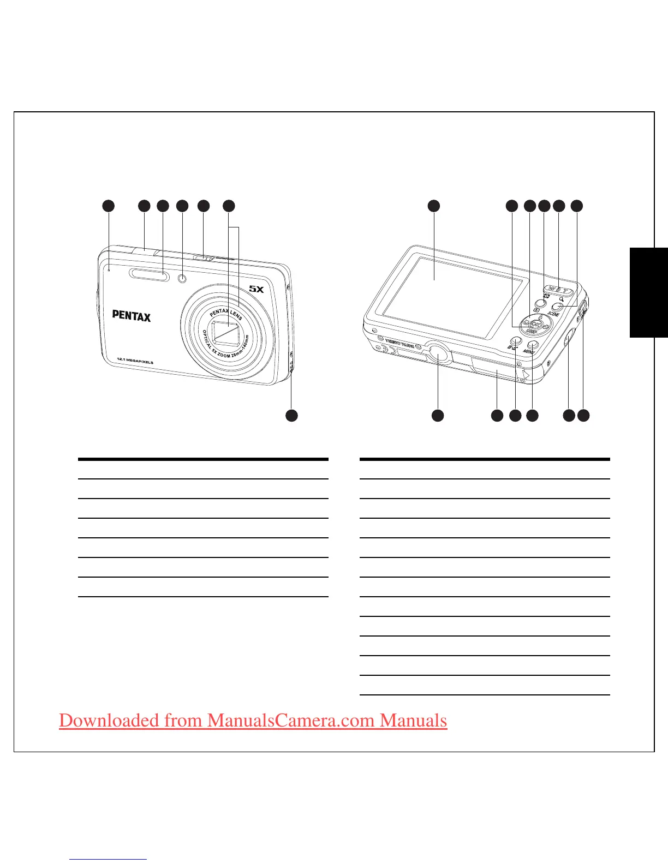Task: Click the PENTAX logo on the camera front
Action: [131, 315]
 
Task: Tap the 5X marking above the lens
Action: [257, 289]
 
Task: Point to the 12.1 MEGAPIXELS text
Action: [135, 361]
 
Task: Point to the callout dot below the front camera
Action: [292, 415]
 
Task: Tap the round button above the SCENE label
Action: [557, 307]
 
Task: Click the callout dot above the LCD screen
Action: [433, 206]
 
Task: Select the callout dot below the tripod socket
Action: [437, 416]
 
